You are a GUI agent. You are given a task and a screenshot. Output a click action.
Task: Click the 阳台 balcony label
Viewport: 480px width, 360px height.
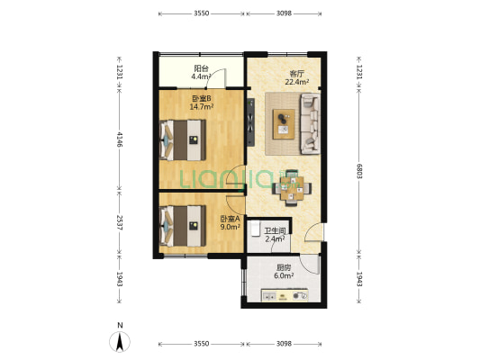coord(201,68)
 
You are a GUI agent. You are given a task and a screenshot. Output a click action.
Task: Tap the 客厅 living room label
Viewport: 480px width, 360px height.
coord(296,74)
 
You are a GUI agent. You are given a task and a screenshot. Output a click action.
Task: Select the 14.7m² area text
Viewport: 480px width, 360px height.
coord(201,107)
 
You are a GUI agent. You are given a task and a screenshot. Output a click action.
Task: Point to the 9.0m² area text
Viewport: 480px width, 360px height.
coord(230,227)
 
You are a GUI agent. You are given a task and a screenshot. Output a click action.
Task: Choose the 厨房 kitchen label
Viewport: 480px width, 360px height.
coord(284,267)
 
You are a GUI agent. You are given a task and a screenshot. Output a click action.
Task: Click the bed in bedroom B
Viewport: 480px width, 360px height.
coord(183,140)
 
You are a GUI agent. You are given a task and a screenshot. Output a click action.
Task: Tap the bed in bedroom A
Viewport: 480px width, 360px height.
coord(183,226)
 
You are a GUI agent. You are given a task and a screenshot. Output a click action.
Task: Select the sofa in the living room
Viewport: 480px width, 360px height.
coord(310,123)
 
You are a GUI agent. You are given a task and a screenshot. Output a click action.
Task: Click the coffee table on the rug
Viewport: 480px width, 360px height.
coord(284,124)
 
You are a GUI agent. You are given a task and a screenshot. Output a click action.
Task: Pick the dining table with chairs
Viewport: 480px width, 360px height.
coord(292,188)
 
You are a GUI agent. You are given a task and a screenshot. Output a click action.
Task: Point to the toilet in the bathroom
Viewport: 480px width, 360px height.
coord(255,229)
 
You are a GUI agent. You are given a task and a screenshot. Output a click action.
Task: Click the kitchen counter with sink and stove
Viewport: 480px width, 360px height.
coord(285,295)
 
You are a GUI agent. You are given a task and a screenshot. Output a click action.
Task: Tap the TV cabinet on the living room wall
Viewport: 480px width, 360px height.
coord(251,122)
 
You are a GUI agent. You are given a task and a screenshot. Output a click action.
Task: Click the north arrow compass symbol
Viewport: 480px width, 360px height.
coord(120,341)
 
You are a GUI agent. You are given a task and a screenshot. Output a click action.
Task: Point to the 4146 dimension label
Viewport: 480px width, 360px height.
coord(120,139)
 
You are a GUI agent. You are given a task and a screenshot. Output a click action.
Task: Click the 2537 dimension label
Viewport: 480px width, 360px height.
coord(120,223)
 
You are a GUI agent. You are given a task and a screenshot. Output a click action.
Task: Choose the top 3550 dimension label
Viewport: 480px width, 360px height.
coord(202,13)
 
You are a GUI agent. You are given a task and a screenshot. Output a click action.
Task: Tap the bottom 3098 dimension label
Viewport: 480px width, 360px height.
coord(284,344)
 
